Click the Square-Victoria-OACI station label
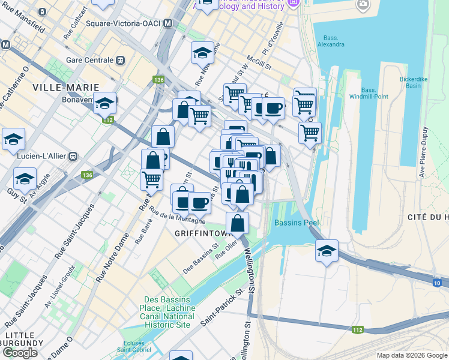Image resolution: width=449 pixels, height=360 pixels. tap(124, 23)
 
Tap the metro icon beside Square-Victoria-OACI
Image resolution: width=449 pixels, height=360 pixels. tap(168, 23)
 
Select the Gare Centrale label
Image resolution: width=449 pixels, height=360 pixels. tap(90, 61)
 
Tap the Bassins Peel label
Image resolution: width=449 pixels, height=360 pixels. tap(296, 223)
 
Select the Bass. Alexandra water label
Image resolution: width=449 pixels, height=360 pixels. tap(331, 41)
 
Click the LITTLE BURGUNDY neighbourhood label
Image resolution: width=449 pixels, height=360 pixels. tap(23, 339)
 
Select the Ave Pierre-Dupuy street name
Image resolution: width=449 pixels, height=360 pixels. tap(422, 153)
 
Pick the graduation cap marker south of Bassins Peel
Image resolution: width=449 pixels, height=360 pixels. tap(327, 251)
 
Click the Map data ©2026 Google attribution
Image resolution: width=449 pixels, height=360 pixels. tap(411, 355)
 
